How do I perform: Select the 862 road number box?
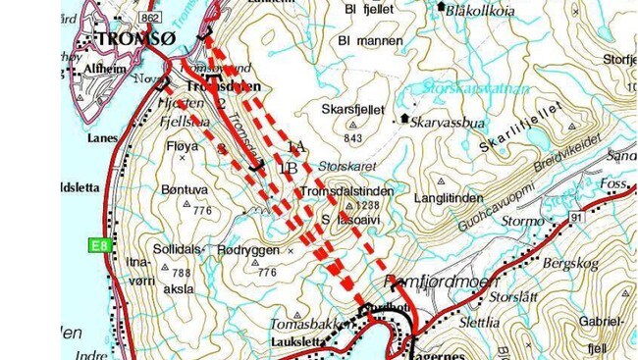pyautogui.click(x=150, y=18)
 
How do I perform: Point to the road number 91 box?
pyautogui.click(x=574, y=216)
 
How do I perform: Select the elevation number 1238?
pyautogui.click(x=368, y=205)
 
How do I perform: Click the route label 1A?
pyautogui.click(x=296, y=146)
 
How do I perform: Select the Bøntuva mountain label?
pyautogui.click(x=189, y=194)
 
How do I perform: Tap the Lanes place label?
pyautogui.click(x=100, y=138)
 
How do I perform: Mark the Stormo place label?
pyautogui.click(x=521, y=222)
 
